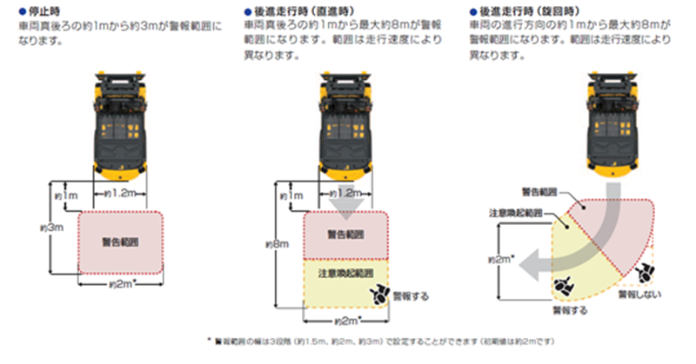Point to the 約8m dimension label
tap(280, 245)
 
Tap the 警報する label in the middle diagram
tap(412, 295)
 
